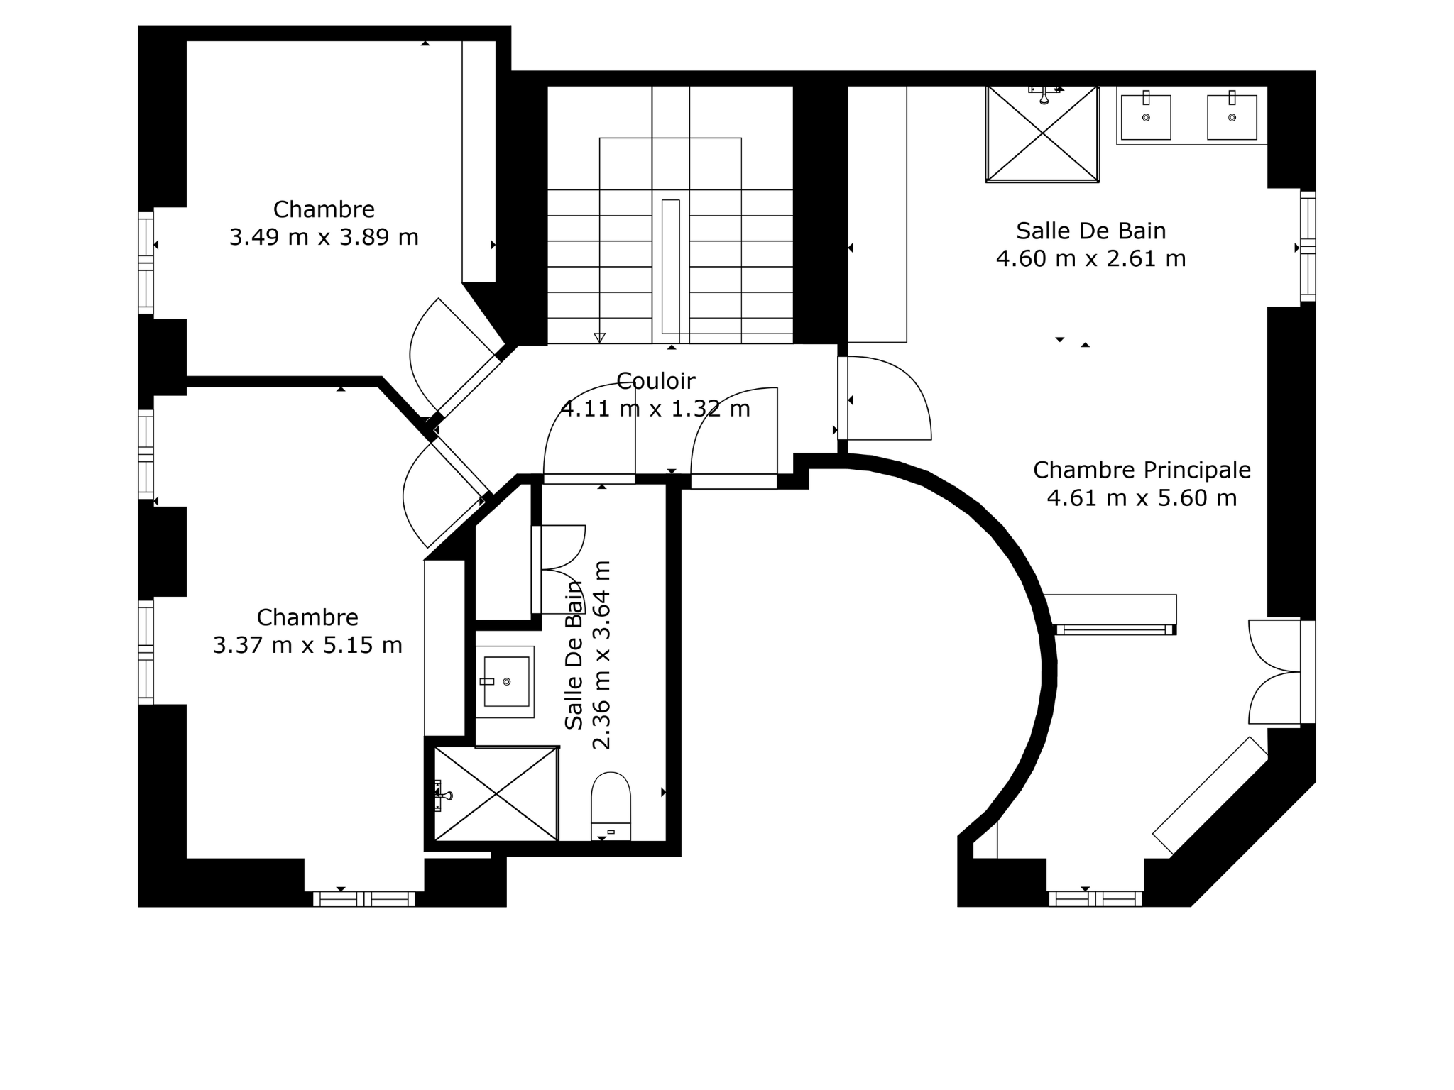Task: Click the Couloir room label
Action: pos(655,381)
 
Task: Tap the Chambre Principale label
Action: pos(1142,470)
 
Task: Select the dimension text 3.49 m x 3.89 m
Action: pos(324,237)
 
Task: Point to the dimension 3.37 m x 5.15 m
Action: pos(307,645)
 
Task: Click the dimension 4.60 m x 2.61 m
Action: pos(1090,258)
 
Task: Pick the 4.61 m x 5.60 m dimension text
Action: pos(1142,497)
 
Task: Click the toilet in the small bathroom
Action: pos(611,806)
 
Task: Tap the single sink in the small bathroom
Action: pos(505,681)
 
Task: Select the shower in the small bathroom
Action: pos(496,793)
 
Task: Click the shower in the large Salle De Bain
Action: pos(1042,134)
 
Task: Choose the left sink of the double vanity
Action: pos(1146,117)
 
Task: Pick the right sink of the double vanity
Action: pos(1232,117)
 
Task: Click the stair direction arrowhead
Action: pos(599,338)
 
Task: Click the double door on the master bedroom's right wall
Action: pos(1276,671)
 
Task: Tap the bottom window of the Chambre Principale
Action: pos(1095,899)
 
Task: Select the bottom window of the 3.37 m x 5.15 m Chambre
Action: pos(364,899)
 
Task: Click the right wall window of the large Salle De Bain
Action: pos(1308,246)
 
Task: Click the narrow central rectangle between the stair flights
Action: pos(670,267)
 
